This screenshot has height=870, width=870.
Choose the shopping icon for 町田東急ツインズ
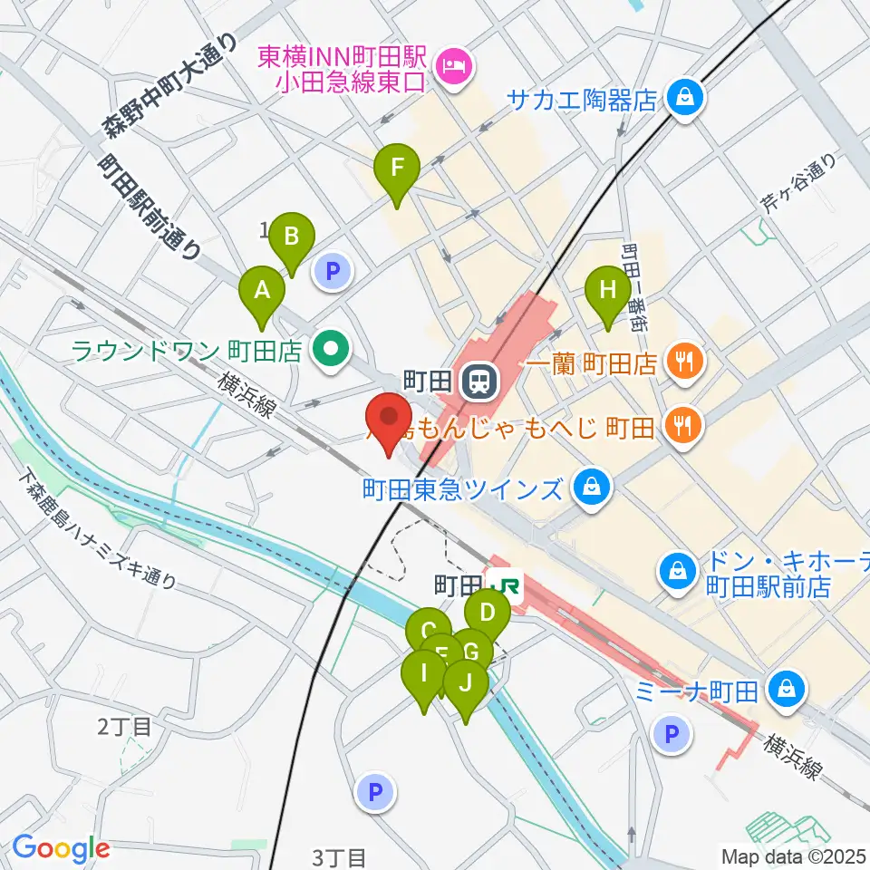[592, 489]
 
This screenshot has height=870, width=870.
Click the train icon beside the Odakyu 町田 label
[478, 381]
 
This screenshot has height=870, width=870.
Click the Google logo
[60, 848]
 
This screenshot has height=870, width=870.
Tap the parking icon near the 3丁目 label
[376, 794]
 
